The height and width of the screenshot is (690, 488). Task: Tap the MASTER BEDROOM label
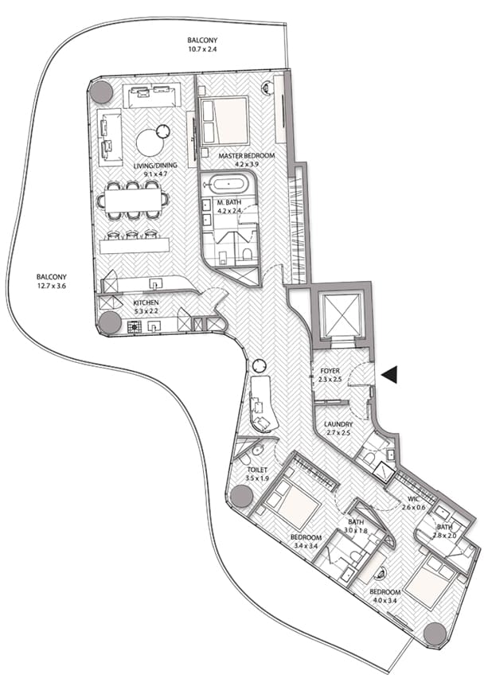tap(247, 156)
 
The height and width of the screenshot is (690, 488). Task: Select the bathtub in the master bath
tap(228, 185)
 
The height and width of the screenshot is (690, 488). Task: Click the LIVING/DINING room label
tap(155, 166)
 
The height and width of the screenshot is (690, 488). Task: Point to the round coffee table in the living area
tap(150, 142)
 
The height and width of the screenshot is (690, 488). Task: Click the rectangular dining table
tap(133, 201)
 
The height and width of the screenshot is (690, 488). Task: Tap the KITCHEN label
tap(146, 302)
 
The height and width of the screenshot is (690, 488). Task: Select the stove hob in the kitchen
tap(133, 326)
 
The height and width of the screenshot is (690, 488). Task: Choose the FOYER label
tap(330, 371)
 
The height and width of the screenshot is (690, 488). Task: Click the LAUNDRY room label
tap(338, 424)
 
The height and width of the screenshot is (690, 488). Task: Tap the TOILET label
tap(257, 470)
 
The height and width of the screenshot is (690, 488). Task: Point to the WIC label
tap(414, 500)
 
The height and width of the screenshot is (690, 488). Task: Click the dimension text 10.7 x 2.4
tap(202, 49)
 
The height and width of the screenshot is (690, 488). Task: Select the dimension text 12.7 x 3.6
tap(52, 286)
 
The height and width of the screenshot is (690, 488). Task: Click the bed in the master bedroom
tap(224, 120)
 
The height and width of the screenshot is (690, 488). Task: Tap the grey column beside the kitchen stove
tap(110, 322)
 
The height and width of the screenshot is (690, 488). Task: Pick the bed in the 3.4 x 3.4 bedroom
tap(293, 503)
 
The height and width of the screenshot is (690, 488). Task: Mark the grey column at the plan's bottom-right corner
tap(435, 634)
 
